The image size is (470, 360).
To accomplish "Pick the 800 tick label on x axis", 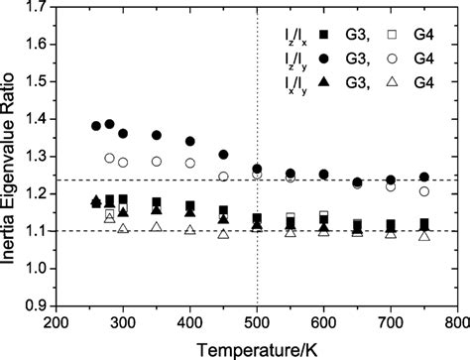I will pyautogui.click(x=457, y=322).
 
